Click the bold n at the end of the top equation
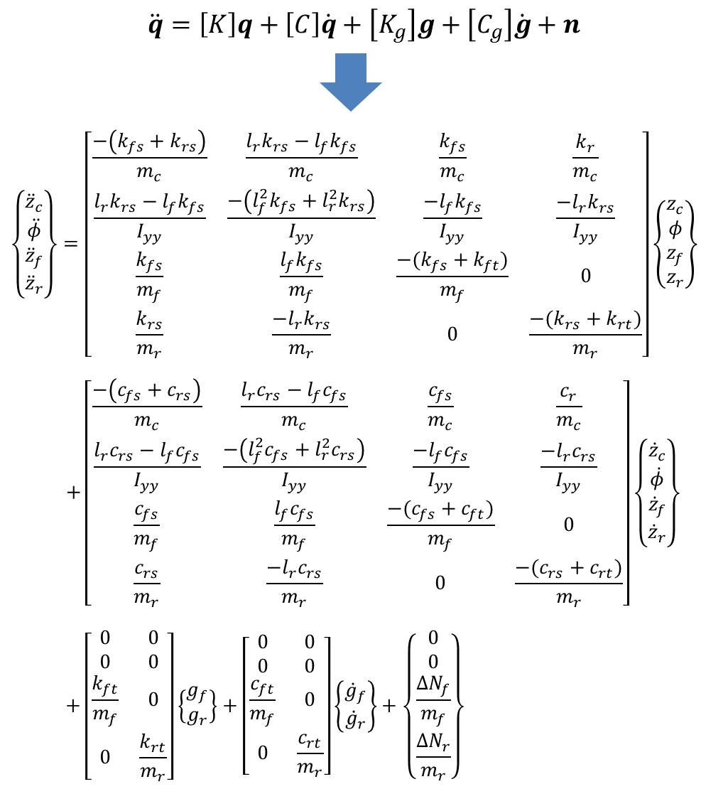point(570,25)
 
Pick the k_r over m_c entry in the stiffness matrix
point(585,158)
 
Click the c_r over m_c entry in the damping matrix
point(568,407)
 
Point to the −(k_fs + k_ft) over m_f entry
point(452,277)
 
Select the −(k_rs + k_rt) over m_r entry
point(585,334)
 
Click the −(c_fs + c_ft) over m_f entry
point(440,525)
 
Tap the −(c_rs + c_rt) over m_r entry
point(569,583)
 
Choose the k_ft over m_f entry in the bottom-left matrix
point(104,700)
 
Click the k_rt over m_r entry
point(153,757)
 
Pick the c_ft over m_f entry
point(262,700)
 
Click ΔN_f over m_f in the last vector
point(433,700)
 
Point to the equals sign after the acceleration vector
point(71,245)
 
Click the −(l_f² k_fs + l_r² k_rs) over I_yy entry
point(301,218)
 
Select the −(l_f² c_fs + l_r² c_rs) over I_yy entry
point(295,466)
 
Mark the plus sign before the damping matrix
point(73,493)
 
